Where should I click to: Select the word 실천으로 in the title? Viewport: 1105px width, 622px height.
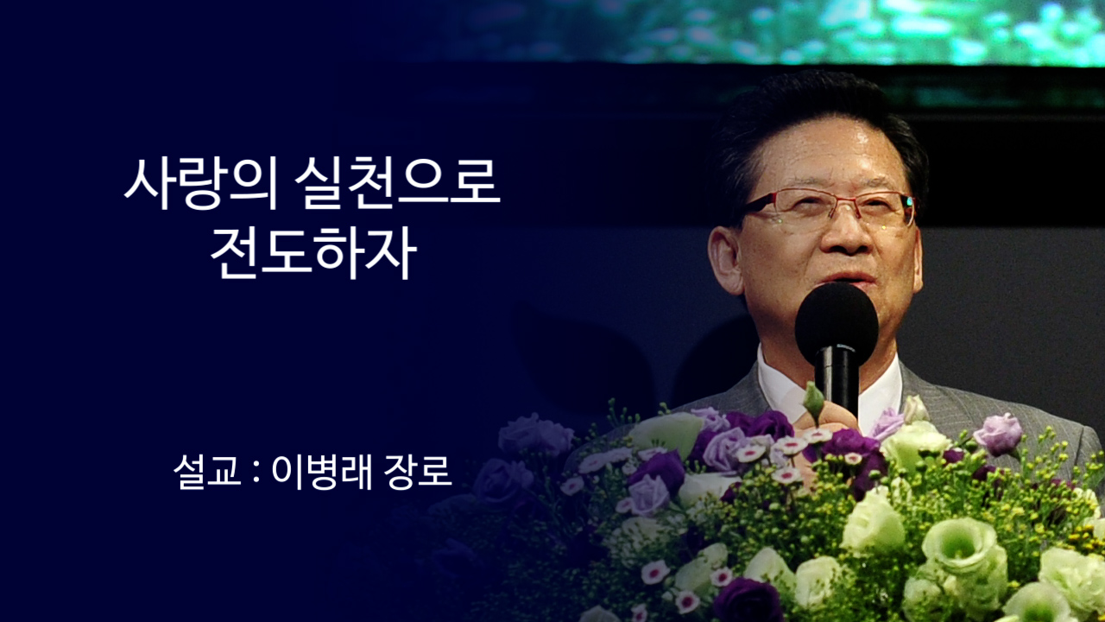(396, 182)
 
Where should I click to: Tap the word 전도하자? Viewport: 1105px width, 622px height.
(313, 251)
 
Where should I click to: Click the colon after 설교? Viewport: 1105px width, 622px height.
(256, 472)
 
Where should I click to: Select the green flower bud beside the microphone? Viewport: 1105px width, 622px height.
(813, 400)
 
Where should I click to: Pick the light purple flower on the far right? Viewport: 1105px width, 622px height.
(999, 434)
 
